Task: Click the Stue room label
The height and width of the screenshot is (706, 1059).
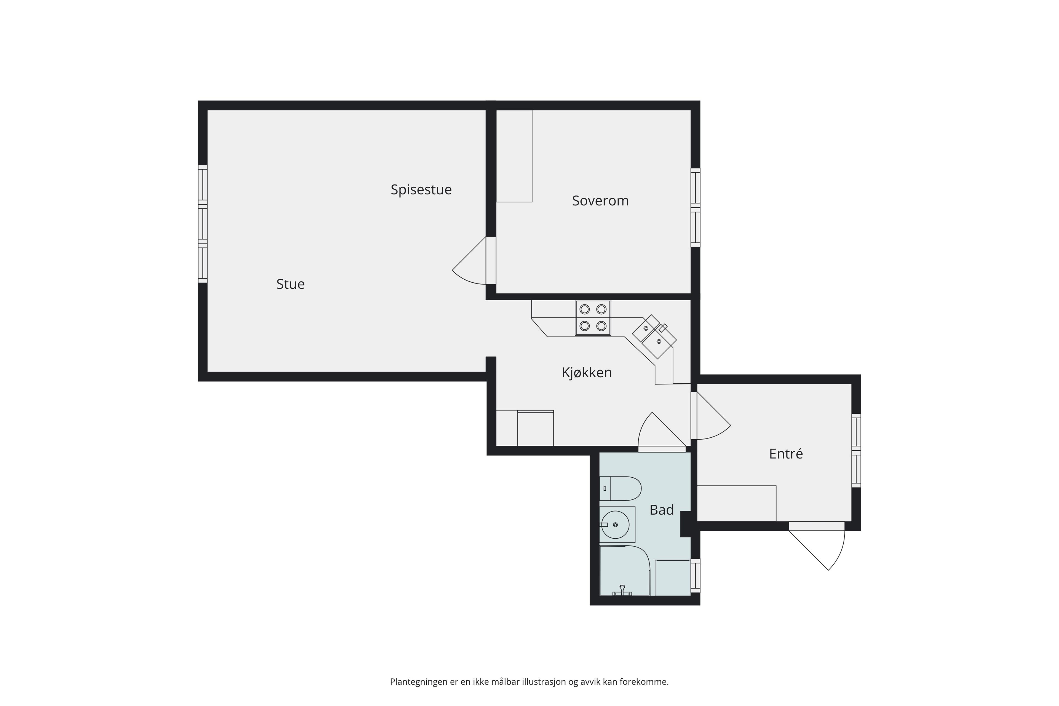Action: [x=290, y=284]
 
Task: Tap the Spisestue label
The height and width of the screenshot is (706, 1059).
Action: [x=421, y=189]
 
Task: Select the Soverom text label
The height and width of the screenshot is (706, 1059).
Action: [x=600, y=201]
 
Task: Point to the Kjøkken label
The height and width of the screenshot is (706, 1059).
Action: [x=587, y=372]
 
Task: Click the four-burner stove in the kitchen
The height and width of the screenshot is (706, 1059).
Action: [x=593, y=318]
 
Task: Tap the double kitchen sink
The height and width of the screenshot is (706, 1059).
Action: [x=654, y=336]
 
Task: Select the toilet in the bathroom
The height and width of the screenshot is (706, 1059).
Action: [x=620, y=488]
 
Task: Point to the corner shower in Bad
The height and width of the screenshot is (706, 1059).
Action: [x=625, y=571]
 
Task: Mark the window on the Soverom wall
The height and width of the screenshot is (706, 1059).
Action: [x=696, y=208]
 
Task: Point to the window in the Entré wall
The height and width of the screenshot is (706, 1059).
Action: [x=856, y=450]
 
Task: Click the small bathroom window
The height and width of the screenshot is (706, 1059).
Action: [x=696, y=576]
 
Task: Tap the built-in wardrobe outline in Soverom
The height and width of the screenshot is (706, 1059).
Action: [x=514, y=156]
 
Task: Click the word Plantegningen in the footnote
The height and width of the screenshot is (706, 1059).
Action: [x=419, y=682]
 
